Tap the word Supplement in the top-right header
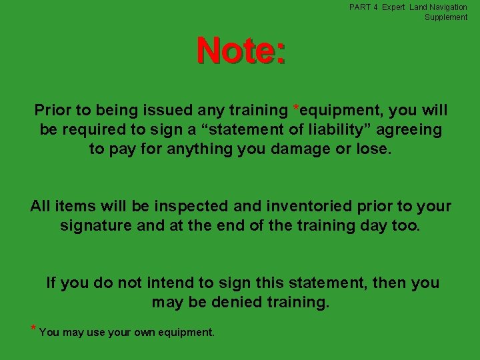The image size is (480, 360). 446,17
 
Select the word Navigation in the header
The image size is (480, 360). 448,7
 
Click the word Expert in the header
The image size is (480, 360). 393,7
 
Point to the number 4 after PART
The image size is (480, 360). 375,7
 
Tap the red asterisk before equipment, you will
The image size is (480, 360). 296,108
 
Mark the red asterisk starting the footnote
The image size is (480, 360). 33,329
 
